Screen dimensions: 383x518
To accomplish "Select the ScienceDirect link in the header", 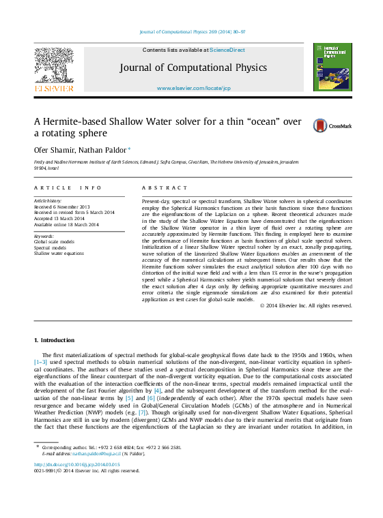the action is tap(227, 50).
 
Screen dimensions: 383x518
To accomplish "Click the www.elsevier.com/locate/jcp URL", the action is tap(193, 89).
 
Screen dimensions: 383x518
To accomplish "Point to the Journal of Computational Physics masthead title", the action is tap(194, 67).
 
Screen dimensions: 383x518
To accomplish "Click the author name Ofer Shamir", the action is tap(54, 149).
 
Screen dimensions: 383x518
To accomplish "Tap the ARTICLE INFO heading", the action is tap(68, 187).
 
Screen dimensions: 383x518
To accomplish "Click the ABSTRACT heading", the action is tap(165, 187).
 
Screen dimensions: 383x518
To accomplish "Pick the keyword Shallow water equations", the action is tap(59, 253).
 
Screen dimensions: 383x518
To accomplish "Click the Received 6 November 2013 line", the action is tap(61, 207).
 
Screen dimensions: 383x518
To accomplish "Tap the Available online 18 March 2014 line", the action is tap(66, 224).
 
